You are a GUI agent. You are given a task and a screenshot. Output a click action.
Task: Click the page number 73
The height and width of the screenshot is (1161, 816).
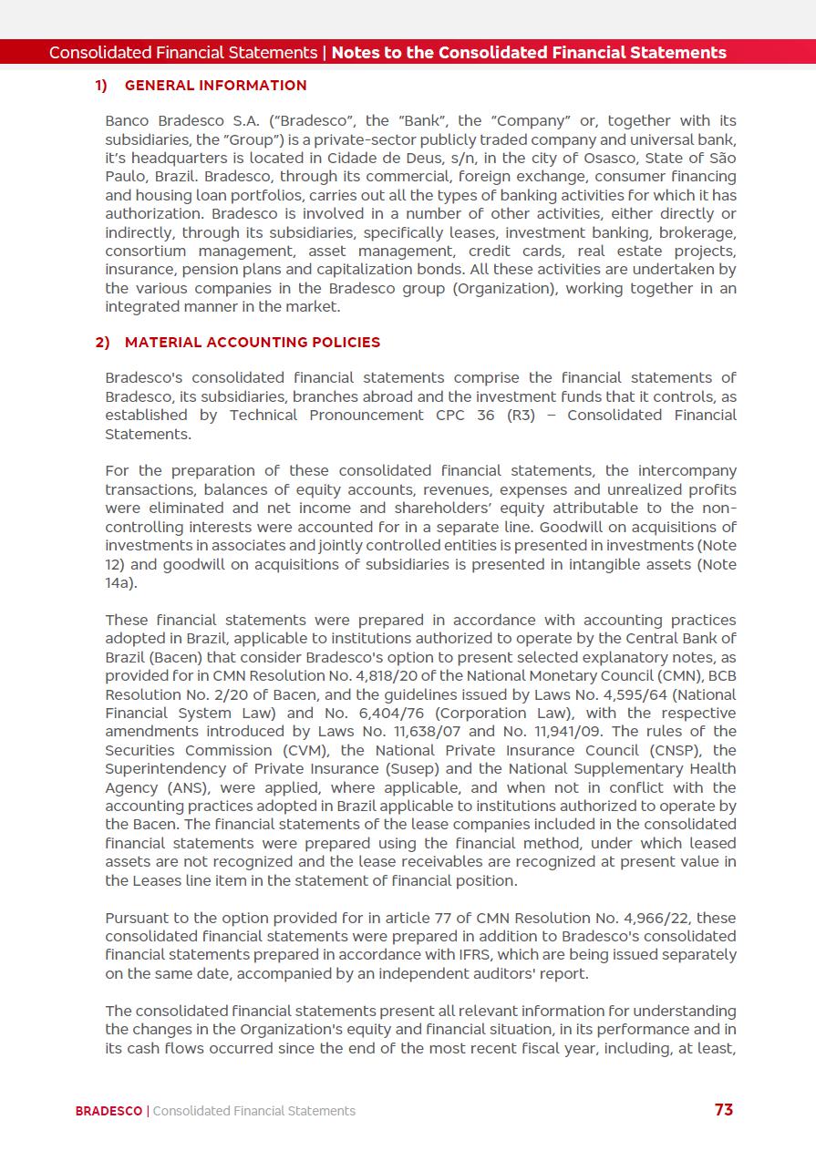point(723,1109)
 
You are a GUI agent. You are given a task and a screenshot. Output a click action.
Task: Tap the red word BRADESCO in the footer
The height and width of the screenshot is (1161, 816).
point(108,1111)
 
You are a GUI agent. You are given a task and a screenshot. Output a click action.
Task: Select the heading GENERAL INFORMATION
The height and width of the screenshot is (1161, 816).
point(215,86)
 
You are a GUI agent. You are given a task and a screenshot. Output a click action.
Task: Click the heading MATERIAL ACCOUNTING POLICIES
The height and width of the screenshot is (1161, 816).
point(253,343)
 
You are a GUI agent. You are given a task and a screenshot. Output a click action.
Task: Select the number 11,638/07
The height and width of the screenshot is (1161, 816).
point(410,732)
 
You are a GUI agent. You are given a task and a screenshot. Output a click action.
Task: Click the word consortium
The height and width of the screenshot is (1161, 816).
point(147,252)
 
